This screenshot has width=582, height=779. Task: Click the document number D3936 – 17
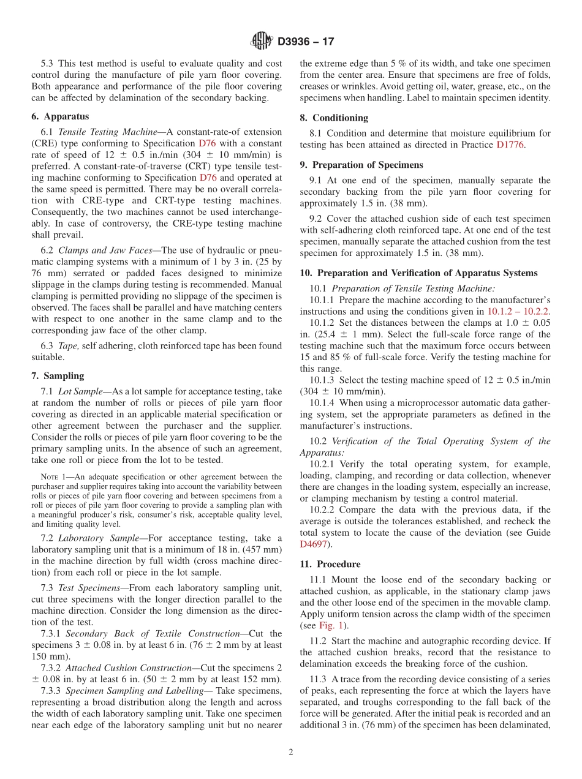(x=306, y=42)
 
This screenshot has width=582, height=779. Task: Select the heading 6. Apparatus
(x=60, y=116)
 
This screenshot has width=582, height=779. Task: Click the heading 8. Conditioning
(x=334, y=118)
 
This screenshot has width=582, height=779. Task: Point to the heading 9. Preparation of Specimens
(x=361, y=165)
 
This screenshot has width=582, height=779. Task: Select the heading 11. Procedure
(x=330, y=564)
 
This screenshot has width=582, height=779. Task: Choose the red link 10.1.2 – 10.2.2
(x=518, y=311)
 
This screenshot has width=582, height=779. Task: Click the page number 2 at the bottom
(x=291, y=752)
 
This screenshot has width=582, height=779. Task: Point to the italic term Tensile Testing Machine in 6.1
(x=94, y=132)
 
